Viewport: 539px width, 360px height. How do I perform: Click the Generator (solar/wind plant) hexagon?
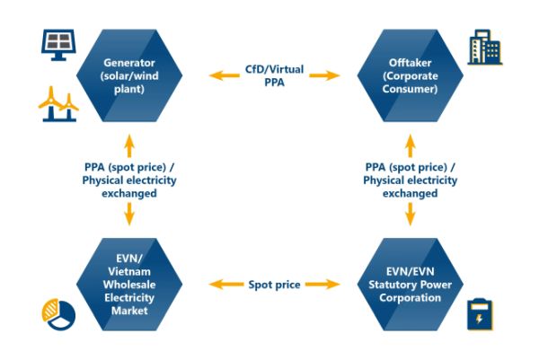tap(129, 75)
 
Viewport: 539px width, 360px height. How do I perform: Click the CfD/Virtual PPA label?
tap(270, 75)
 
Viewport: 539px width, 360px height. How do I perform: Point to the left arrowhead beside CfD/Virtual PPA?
tap(216, 75)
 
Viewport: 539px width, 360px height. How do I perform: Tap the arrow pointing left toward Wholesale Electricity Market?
tap(216, 285)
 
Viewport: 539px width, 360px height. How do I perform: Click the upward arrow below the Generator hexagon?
tap(129, 143)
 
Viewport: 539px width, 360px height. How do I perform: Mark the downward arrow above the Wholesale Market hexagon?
tap(129, 215)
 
